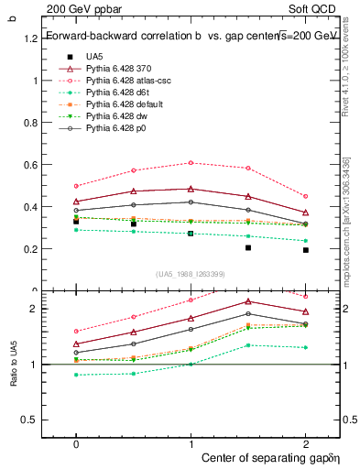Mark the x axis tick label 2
click(305, 442)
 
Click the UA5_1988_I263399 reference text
click(191, 274)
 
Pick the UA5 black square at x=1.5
click(248, 247)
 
